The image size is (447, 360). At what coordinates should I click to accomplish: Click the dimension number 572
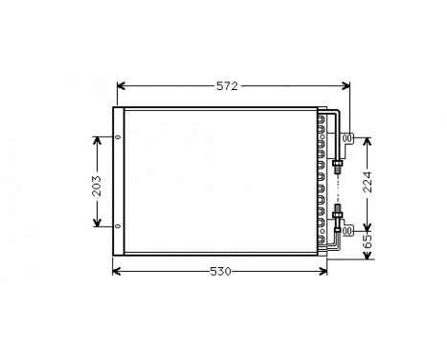(x=226, y=86)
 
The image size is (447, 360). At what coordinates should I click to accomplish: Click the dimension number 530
(x=221, y=271)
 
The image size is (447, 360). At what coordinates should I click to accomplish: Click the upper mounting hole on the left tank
(x=118, y=137)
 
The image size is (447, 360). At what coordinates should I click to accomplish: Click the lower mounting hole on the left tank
(x=118, y=227)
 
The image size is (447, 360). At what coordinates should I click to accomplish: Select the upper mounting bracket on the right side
(x=348, y=138)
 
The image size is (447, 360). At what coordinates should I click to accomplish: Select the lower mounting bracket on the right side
(x=348, y=230)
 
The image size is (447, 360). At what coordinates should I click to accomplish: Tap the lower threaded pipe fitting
(x=337, y=214)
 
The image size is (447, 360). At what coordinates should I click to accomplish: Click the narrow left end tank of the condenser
(x=118, y=182)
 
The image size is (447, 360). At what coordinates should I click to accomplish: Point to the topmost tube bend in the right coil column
(x=322, y=122)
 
